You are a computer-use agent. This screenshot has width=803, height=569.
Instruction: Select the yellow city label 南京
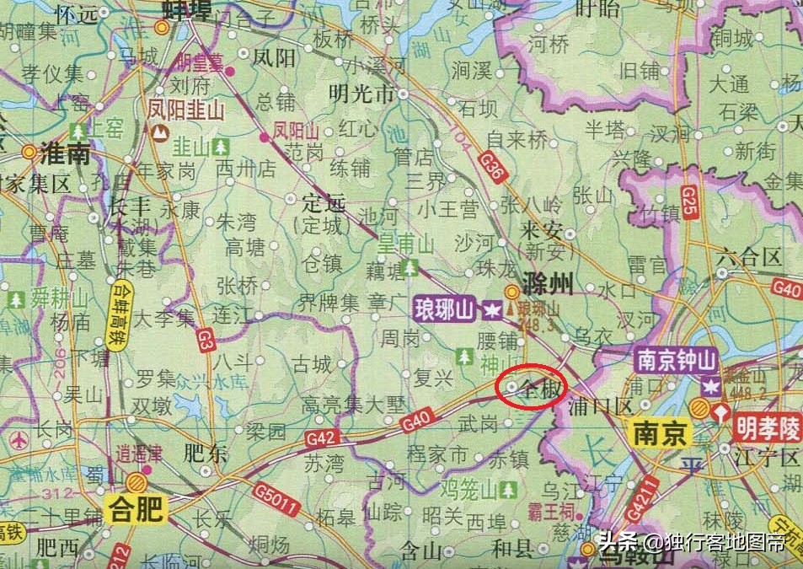[661, 434]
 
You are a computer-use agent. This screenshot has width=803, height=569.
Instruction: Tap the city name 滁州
[548, 283]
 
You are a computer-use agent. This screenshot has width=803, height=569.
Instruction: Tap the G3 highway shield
[204, 340]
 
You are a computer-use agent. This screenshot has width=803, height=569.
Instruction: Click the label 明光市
[361, 92]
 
